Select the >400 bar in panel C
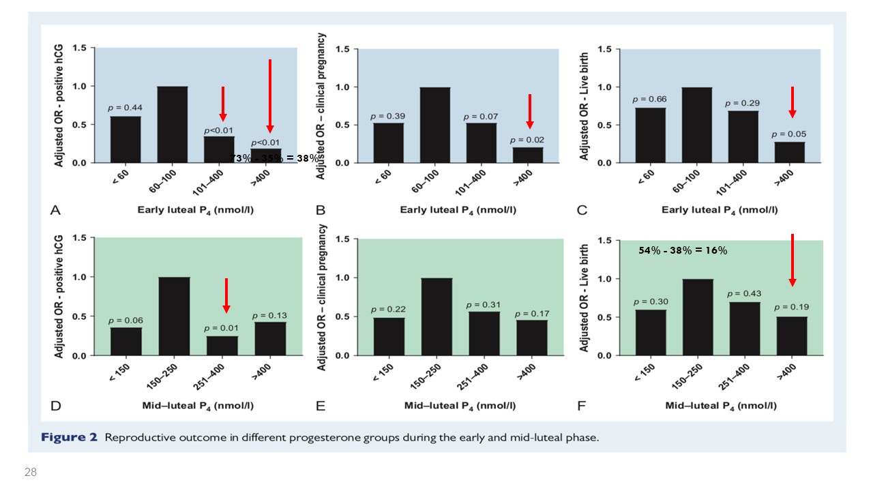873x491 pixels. point(789,152)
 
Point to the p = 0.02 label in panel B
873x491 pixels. point(529,140)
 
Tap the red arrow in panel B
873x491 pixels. point(530,111)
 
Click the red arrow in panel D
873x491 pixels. point(227,295)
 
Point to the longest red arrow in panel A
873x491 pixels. point(270,95)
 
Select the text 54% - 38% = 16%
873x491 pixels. point(683,250)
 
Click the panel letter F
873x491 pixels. point(581,406)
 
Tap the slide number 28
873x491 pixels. point(30,472)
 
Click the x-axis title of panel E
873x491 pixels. point(460,406)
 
